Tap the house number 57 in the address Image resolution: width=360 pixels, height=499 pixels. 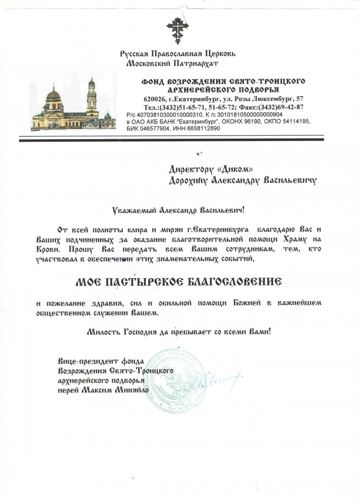click(299, 99)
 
